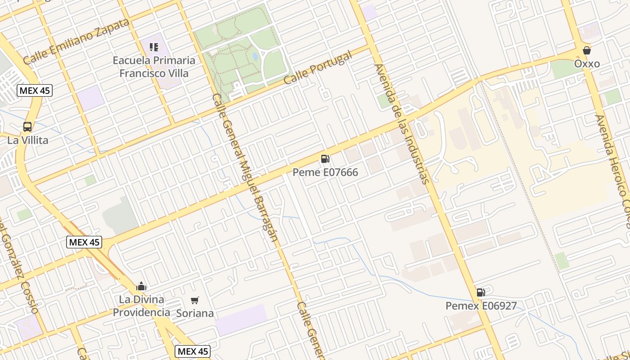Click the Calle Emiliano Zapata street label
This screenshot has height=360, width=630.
(x=76, y=41)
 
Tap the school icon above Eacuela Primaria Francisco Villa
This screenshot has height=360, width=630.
(x=154, y=47)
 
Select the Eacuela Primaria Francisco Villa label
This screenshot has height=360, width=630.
(x=154, y=67)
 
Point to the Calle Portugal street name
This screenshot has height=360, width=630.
(x=318, y=68)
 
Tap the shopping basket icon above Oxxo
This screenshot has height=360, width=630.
(x=587, y=50)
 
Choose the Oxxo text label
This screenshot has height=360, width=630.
(x=587, y=64)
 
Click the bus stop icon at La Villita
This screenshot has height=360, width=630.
(x=27, y=127)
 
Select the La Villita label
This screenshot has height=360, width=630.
(x=27, y=140)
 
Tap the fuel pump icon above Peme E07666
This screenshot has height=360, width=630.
(x=325, y=159)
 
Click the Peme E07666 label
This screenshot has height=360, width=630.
(x=325, y=172)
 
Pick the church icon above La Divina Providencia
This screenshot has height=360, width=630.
(x=141, y=286)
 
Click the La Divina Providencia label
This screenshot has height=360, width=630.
(x=141, y=306)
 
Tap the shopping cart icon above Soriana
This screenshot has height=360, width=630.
(x=195, y=300)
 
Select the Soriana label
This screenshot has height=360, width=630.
(x=195, y=313)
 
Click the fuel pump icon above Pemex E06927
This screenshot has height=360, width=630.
(x=481, y=292)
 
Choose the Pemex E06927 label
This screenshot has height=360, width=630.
(x=481, y=306)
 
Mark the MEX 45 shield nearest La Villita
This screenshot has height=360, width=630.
(x=35, y=90)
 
